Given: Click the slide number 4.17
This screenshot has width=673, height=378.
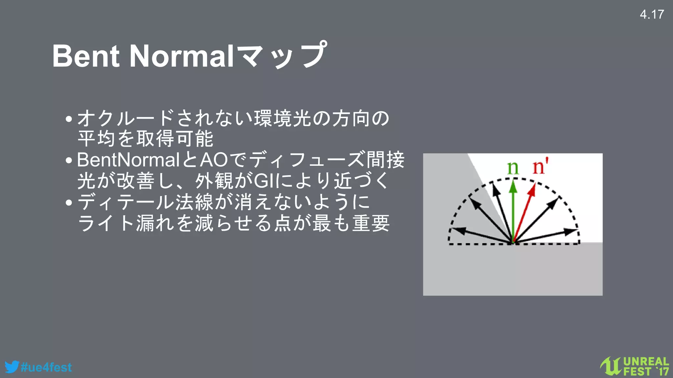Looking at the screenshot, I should click(652, 14).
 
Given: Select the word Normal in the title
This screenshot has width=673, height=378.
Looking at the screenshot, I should click(182, 56).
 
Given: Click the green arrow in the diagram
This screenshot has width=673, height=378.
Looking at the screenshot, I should click(513, 210).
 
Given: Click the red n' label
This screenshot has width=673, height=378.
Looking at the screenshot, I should click(540, 167).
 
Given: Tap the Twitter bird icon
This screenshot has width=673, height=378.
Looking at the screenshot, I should click(12, 367).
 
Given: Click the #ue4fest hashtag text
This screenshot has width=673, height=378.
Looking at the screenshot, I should click(46, 367).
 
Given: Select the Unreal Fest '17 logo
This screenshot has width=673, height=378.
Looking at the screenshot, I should click(634, 366).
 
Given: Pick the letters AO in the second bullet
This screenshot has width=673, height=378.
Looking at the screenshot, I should click(214, 160).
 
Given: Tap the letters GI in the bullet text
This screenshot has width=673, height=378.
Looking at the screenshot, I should click(266, 181).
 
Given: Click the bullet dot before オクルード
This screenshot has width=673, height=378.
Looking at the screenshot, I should click(69, 119).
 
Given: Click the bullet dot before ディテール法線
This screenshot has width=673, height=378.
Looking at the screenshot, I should click(69, 202).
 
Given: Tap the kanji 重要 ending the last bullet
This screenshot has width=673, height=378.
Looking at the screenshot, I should click(371, 223).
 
